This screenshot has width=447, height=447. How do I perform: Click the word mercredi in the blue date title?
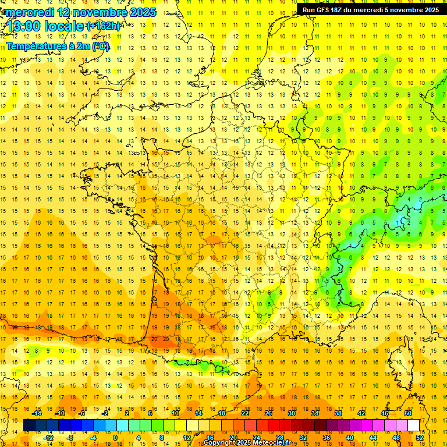[x=30, y=12]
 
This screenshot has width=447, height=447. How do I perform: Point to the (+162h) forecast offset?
[x=103, y=26]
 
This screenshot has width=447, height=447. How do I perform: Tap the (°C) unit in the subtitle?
[x=100, y=46]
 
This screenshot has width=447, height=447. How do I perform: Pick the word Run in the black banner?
[x=308, y=10]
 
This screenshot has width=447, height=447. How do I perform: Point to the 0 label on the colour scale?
[x=115, y=438]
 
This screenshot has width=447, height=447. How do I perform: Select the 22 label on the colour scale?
[x=245, y=413]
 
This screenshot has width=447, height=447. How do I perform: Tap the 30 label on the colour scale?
[x=292, y=413]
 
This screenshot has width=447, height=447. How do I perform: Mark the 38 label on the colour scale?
[x=338, y=413]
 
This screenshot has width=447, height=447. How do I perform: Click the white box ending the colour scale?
[x=413, y=425]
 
